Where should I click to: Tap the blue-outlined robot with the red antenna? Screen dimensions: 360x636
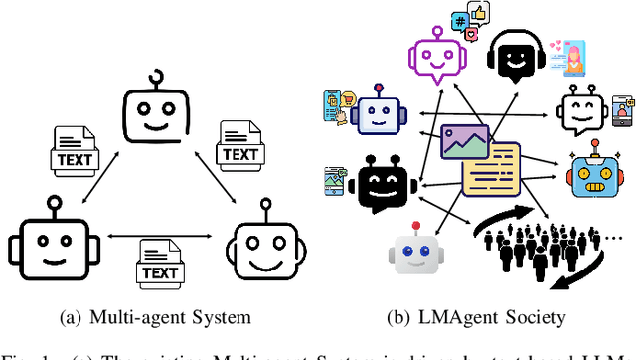click(377, 115)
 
